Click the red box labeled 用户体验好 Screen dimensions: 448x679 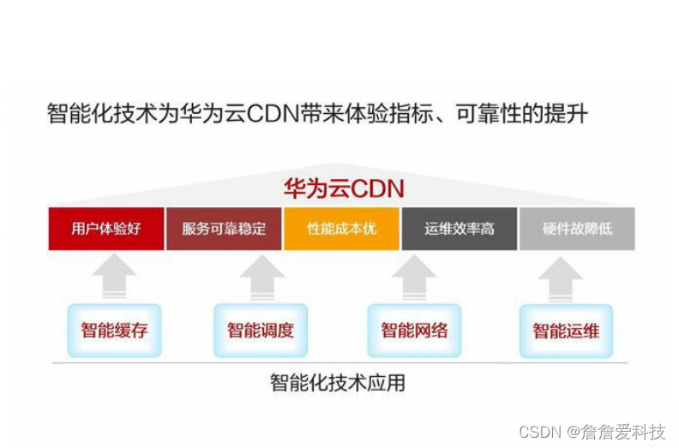click(x=106, y=229)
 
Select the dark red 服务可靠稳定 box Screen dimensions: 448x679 click(x=224, y=229)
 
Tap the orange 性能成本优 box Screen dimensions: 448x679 click(x=341, y=229)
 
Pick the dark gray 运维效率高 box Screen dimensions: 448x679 click(x=459, y=229)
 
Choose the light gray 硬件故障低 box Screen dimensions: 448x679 click(x=577, y=229)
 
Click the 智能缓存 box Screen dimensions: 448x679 click(x=115, y=331)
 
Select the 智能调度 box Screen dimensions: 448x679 click(x=261, y=331)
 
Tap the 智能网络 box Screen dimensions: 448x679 click(x=414, y=331)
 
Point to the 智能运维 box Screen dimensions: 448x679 click(x=566, y=331)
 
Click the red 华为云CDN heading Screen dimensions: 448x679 click(x=344, y=188)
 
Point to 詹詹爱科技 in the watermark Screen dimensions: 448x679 click(x=623, y=433)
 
